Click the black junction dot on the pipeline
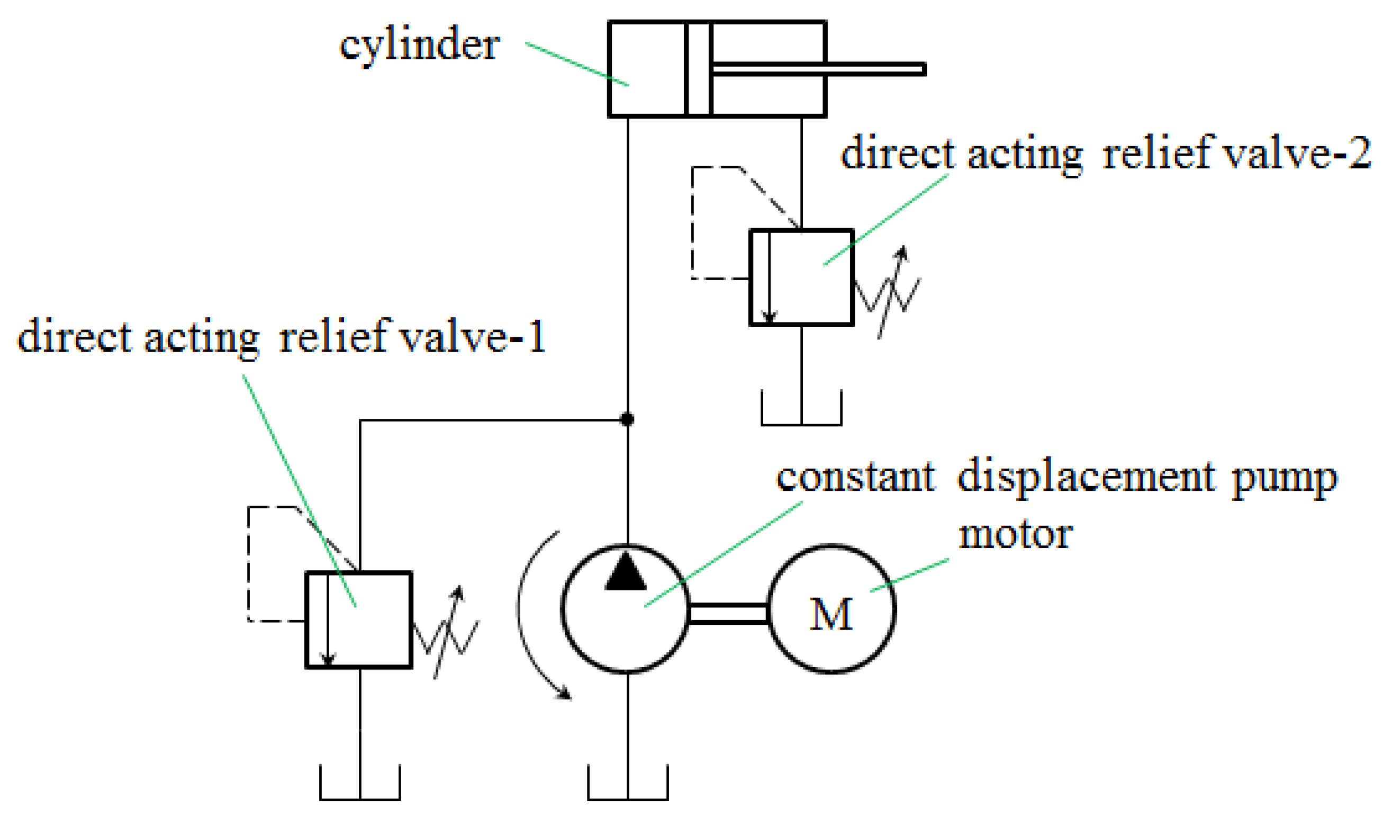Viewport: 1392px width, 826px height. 627,419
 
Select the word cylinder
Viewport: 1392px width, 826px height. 420,46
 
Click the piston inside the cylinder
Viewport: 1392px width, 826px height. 698,69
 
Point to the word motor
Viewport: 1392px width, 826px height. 1015,535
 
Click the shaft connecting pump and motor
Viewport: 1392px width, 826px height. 728,613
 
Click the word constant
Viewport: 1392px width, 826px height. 856,478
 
